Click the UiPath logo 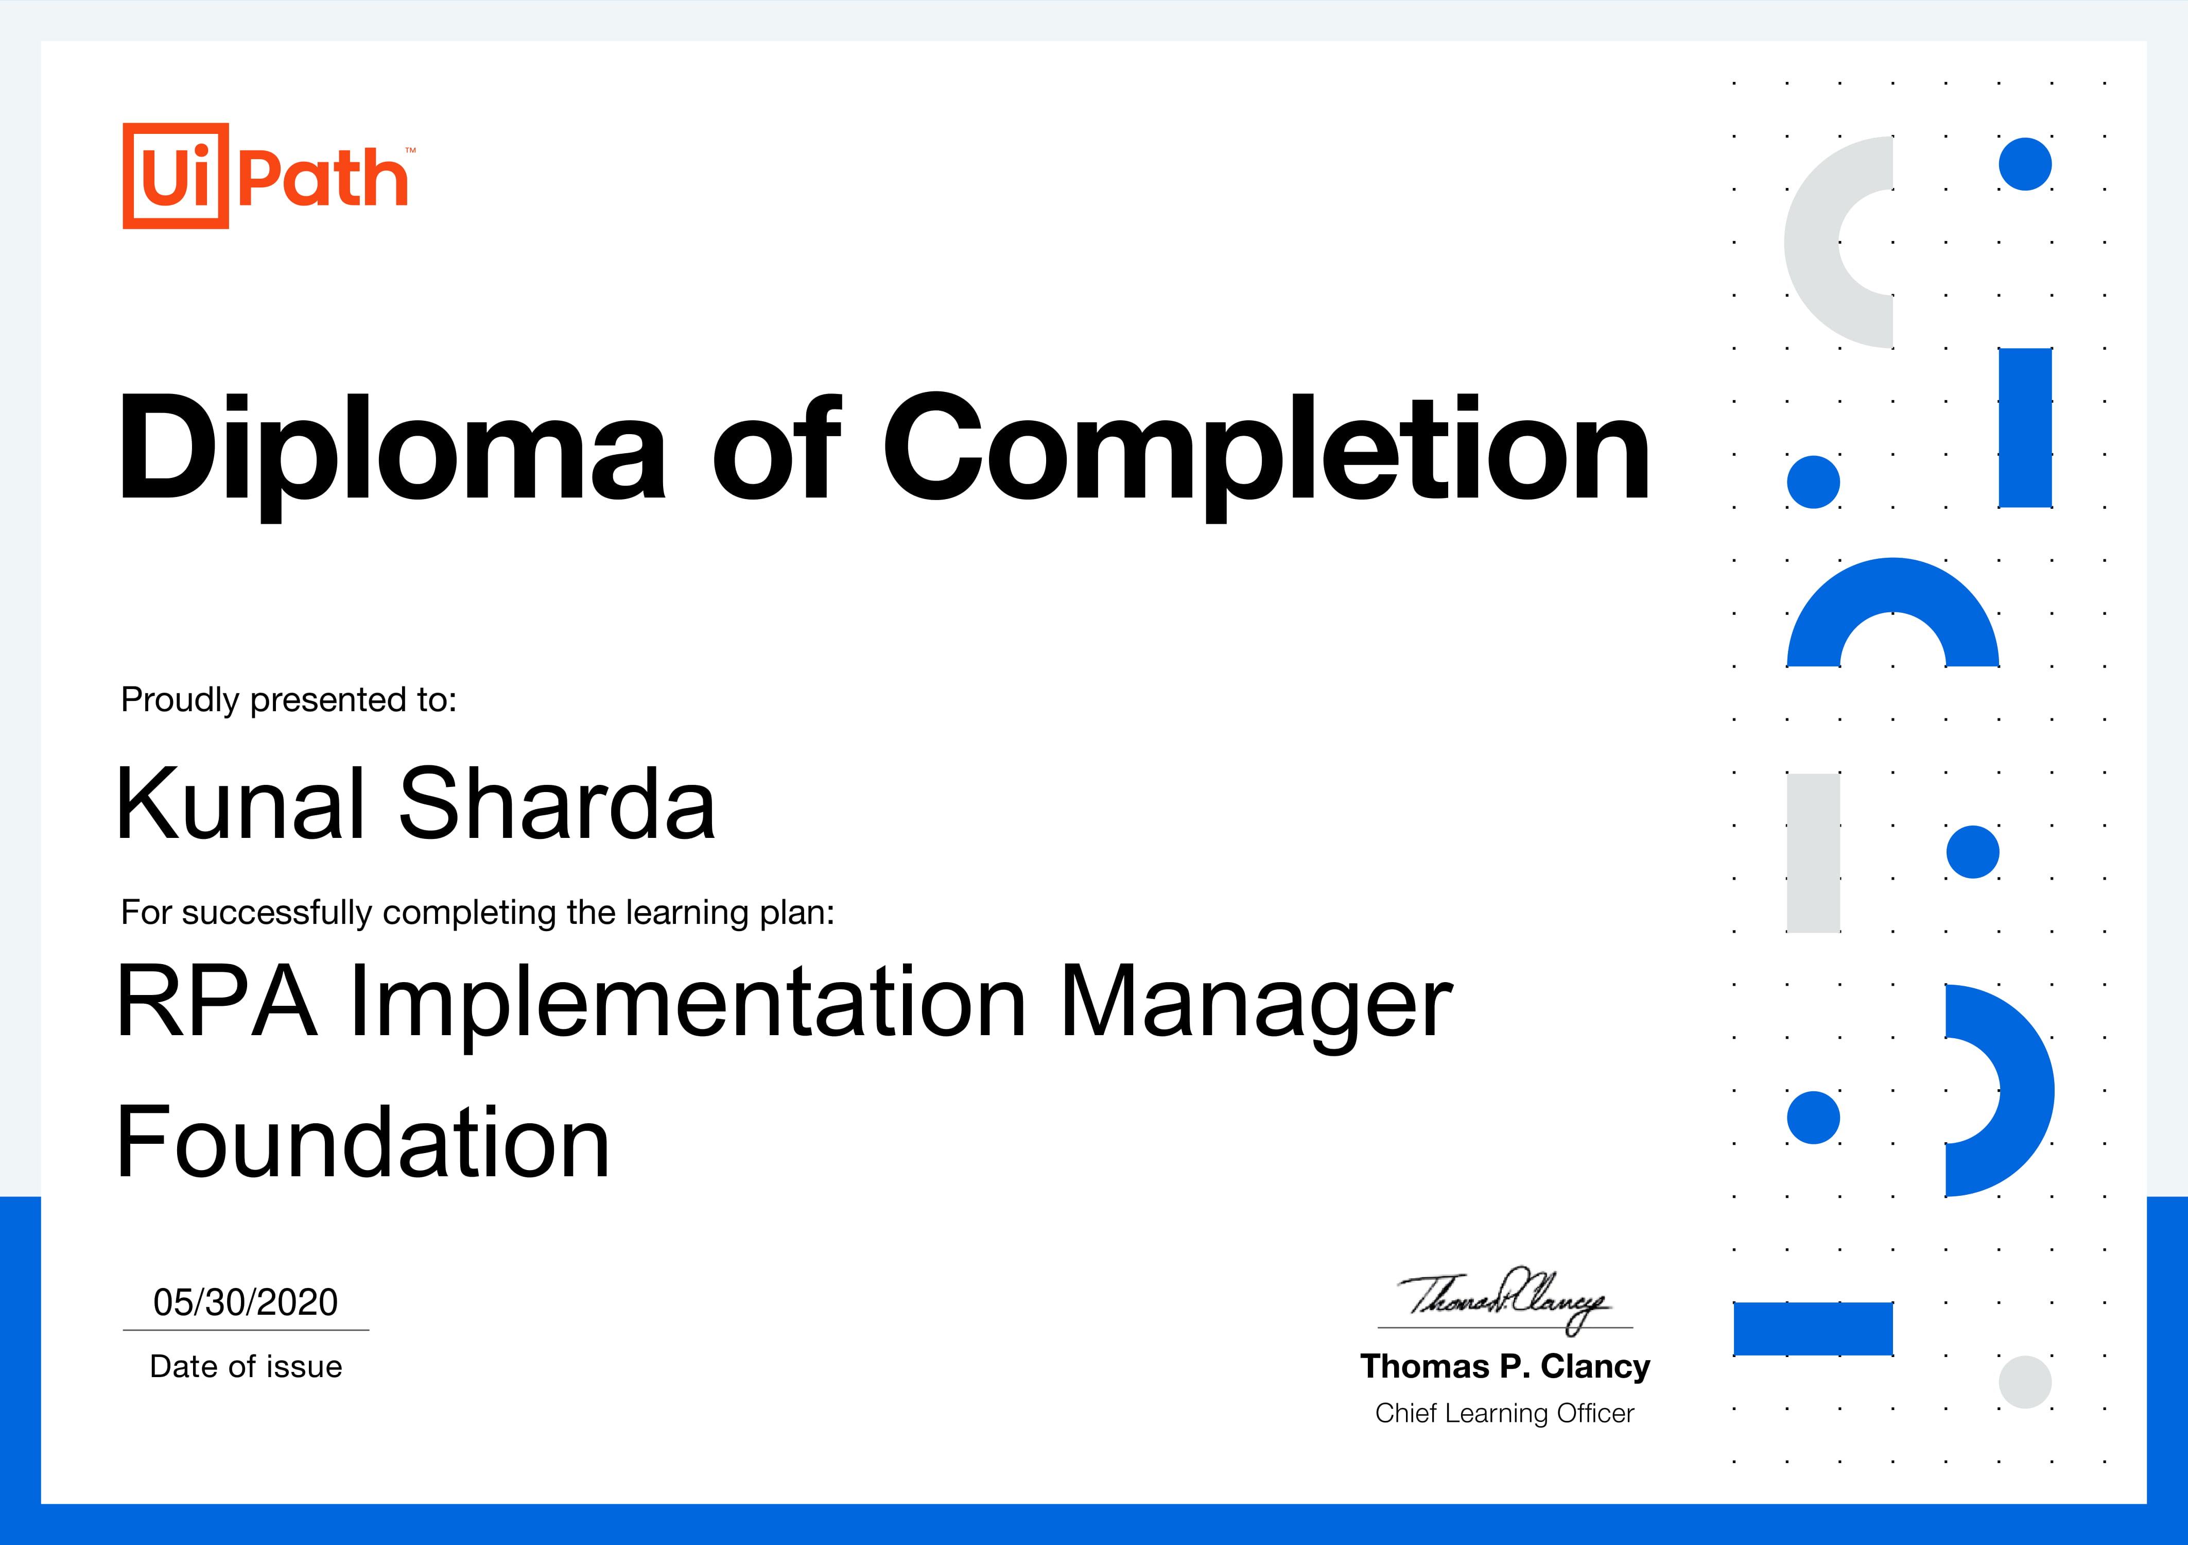point(269,176)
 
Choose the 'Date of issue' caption point(246,1367)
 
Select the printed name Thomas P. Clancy point(1505,1367)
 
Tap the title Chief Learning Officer point(1505,1414)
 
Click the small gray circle point(2024,1382)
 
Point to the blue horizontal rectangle point(1813,1329)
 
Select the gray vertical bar point(1813,853)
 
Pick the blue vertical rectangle point(2025,428)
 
